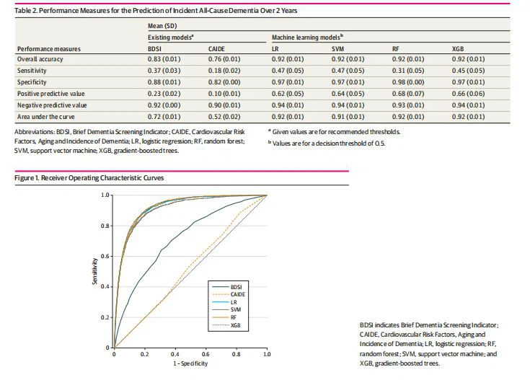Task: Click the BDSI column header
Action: click(156, 48)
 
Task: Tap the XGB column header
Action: click(456, 48)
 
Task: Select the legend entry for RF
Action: click(232, 318)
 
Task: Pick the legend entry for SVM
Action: click(234, 310)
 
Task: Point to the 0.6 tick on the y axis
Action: click(107, 256)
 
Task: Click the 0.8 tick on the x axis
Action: click(236, 355)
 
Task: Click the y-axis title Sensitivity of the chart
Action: click(94, 271)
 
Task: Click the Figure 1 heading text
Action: click(89, 177)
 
